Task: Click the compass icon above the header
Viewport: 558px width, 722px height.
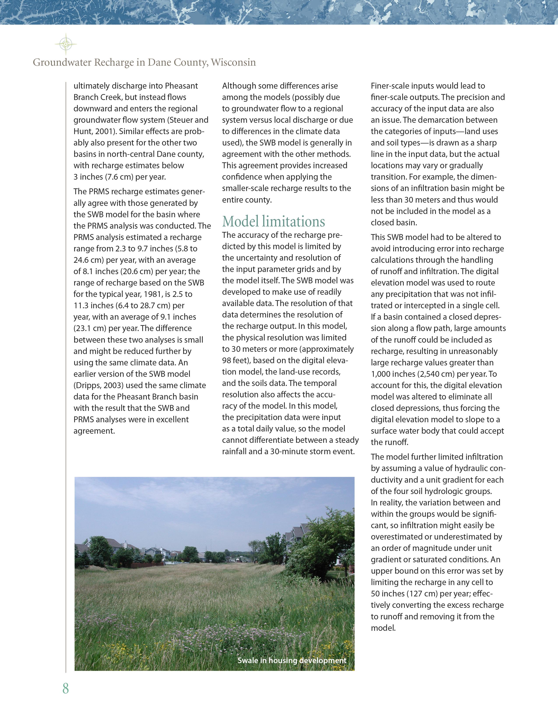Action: [x=66, y=44]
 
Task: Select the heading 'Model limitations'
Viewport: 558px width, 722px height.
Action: [x=273, y=221]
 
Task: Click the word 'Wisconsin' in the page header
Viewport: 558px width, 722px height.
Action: [x=233, y=63]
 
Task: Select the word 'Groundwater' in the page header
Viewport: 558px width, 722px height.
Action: [x=62, y=63]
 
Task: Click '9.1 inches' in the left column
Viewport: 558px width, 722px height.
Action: [x=178, y=317]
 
